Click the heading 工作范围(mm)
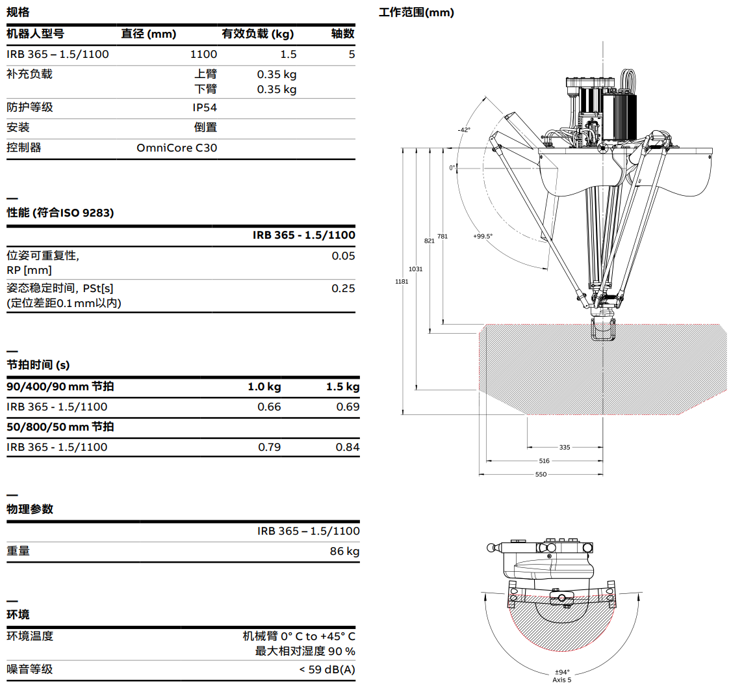[417, 12]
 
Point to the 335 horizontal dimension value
[564, 448]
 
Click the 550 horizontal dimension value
[541, 474]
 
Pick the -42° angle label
[463, 130]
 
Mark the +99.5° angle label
[483, 236]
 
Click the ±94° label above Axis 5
[561, 672]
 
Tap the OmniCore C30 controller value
[177, 148]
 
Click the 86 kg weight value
[344, 551]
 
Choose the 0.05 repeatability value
[343, 256]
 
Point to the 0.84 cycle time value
[347, 447]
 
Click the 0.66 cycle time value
[270, 407]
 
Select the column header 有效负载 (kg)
[258, 34]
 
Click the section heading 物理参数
[30, 509]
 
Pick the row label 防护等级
[30, 107]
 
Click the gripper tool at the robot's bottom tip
[602, 329]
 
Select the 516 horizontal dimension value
[544, 461]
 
